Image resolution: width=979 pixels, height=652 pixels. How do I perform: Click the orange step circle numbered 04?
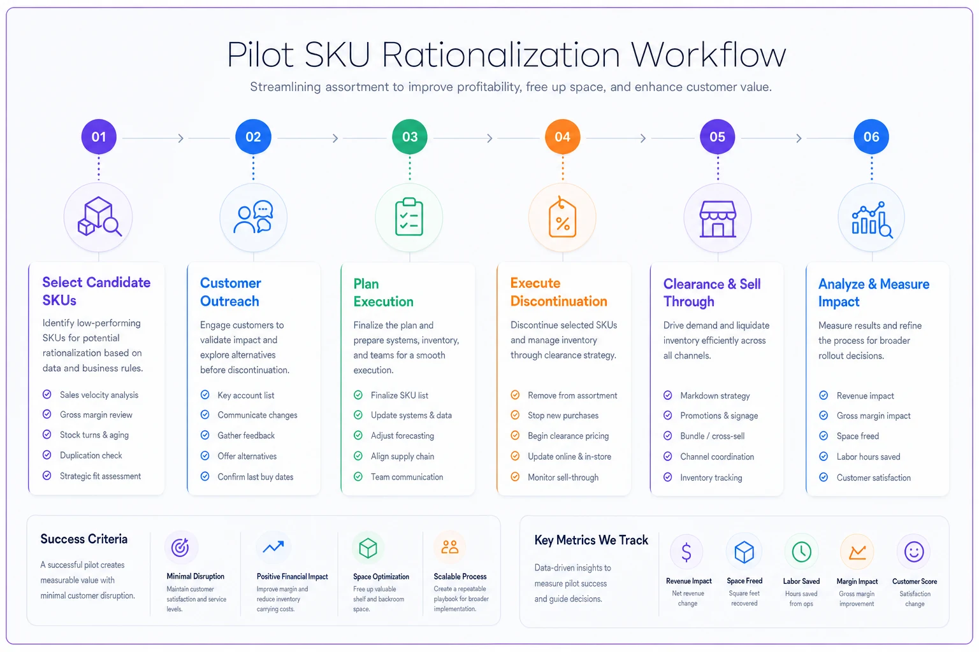point(563,137)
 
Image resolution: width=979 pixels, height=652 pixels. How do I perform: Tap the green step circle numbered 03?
point(410,137)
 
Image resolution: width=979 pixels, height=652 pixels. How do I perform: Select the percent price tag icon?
point(563,217)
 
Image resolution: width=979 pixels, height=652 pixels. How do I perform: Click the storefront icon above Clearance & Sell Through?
point(718,219)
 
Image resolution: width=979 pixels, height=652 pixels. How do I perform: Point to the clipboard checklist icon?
point(409,216)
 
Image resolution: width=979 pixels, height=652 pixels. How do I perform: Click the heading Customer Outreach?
point(230,292)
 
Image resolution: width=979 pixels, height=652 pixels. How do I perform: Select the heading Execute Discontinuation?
point(558,292)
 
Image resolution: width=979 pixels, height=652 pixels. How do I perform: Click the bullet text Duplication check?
point(91,455)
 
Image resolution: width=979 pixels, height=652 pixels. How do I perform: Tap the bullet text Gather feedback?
point(246,436)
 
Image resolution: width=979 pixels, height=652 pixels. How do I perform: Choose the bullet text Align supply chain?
point(403,457)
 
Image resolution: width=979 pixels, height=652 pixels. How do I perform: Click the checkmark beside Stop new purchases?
point(515,415)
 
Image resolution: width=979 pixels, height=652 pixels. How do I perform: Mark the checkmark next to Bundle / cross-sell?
point(668,436)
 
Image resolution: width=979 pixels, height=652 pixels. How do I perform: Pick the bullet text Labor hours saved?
point(869,457)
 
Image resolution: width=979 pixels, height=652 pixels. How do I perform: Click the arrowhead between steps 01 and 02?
point(181,138)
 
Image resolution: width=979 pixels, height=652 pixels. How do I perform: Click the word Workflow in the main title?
point(708,55)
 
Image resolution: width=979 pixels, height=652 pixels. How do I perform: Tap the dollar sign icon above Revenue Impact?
point(686,551)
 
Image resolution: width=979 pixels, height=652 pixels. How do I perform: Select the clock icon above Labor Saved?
point(802,551)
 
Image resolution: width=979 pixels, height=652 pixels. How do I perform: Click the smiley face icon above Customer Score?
point(914,551)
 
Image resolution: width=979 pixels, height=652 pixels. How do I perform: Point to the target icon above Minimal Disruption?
point(180,547)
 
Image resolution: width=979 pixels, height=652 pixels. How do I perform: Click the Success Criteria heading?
point(84,539)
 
